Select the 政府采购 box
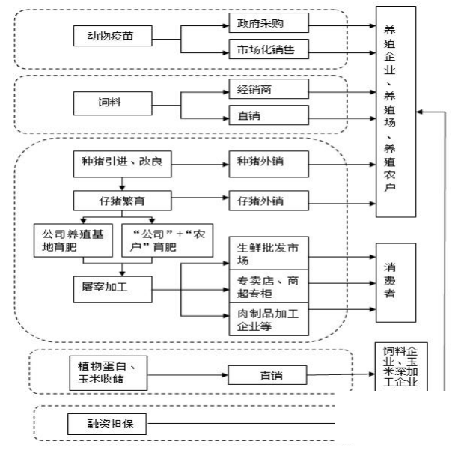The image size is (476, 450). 268,23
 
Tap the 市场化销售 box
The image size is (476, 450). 268,51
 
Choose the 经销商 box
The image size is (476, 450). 268,88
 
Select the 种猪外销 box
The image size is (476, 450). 268,162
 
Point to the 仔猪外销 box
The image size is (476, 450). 268,201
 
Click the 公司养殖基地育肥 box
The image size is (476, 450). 69,237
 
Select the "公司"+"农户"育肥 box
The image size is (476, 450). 152,237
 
